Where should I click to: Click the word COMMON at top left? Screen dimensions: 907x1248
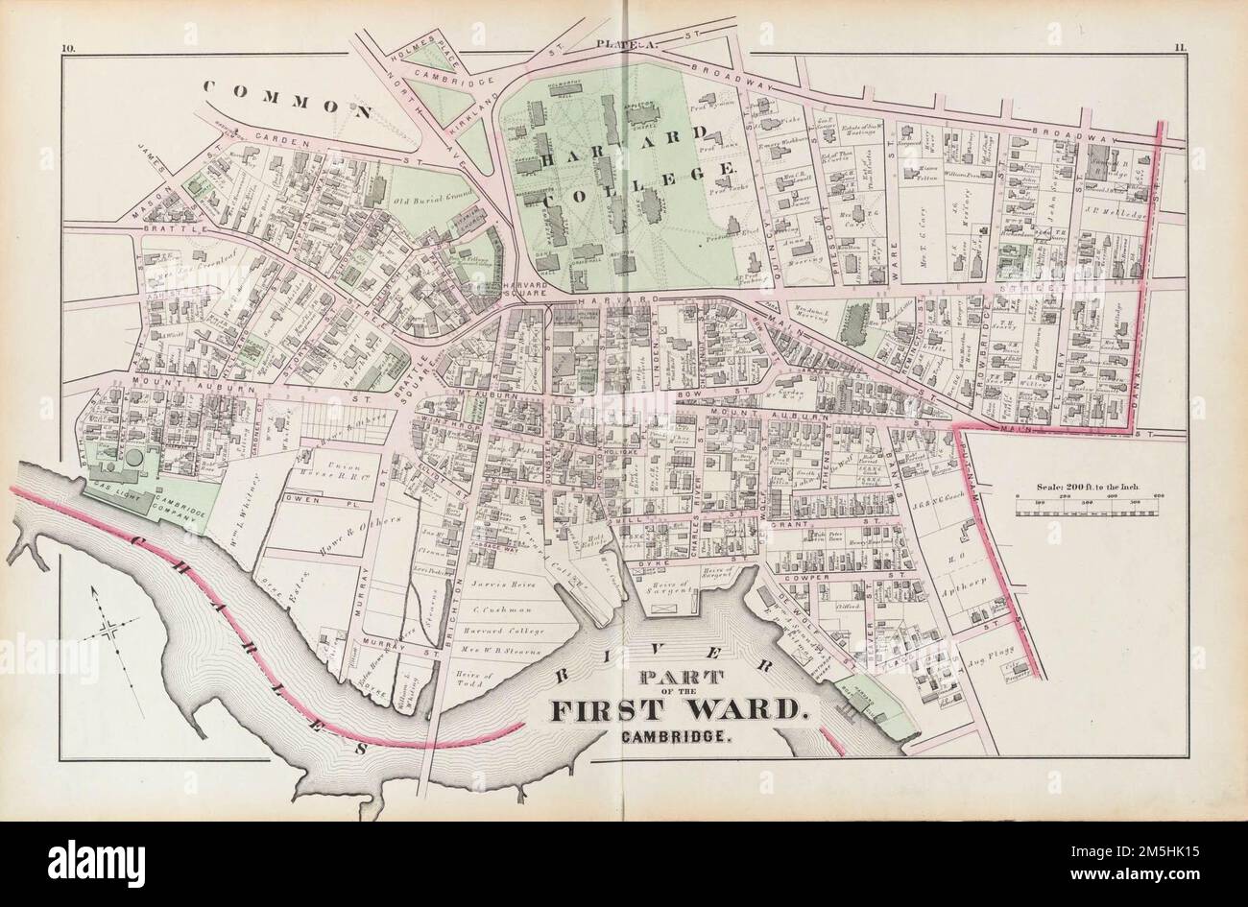(x=288, y=99)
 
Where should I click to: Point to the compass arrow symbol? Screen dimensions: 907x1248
(x=109, y=629)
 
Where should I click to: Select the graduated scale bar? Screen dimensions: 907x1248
(x=1088, y=500)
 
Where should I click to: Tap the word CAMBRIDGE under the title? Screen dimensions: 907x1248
(x=678, y=739)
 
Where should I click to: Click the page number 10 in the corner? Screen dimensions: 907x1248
(x=66, y=46)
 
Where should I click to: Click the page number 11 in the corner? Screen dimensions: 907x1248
(x=1180, y=46)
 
